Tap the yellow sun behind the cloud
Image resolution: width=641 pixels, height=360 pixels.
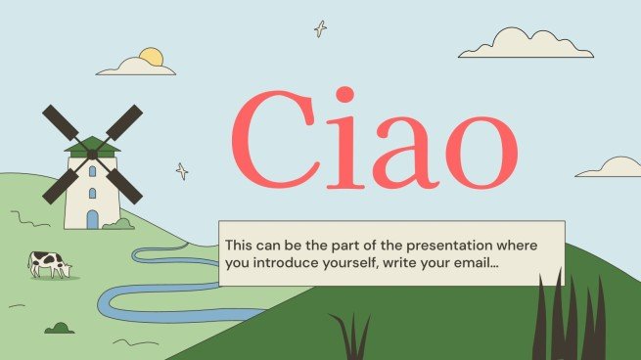pos(150,57)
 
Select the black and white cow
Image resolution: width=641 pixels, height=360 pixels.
pos(48,262)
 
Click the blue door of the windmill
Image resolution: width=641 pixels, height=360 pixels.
pos(92,218)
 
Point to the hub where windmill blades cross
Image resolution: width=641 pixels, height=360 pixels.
pos(92,153)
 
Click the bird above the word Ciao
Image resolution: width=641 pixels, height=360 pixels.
pos(320,28)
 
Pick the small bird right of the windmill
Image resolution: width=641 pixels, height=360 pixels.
pos(181,171)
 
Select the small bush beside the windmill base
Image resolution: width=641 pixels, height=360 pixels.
pos(119,224)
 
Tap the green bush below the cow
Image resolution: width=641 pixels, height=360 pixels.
pos(59,328)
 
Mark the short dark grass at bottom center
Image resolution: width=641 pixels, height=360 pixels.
pos(348,337)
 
